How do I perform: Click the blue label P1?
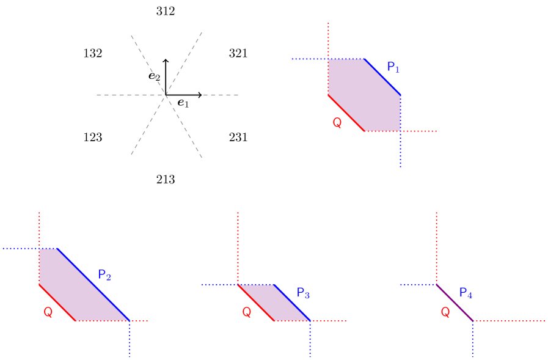click(393, 68)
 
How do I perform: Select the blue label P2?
click(104, 276)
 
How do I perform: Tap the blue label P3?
click(303, 293)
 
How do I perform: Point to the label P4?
click(466, 293)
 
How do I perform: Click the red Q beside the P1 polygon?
click(337, 123)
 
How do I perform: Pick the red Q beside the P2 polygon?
click(48, 312)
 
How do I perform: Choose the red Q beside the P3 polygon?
click(247, 312)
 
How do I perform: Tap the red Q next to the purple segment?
click(445, 312)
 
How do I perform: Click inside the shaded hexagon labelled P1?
click(365, 95)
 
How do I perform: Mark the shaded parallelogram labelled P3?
click(274, 303)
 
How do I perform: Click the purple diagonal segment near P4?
click(455, 303)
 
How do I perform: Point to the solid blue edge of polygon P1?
click(382, 77)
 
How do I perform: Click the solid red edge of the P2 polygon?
click(57, 302)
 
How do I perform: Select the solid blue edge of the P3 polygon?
click(292, 303)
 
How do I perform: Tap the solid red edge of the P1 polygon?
click(346, 113)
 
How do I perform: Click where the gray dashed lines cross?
click(166, 95)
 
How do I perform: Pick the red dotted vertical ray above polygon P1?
click(329, 40)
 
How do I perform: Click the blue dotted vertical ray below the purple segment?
click(472, 340)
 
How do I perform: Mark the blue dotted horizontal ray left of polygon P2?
click(21, 248)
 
